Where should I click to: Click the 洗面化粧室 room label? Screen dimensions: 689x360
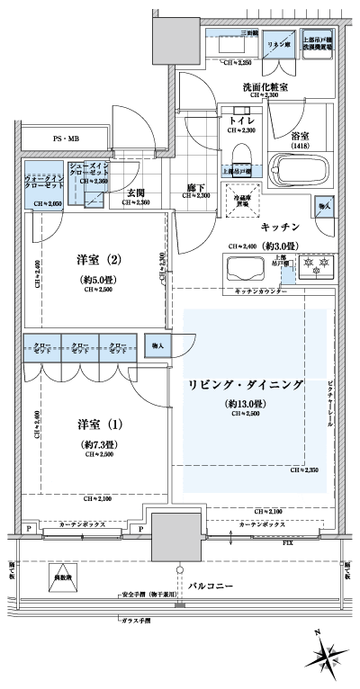point(265,87)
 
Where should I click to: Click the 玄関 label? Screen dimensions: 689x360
point(136,192)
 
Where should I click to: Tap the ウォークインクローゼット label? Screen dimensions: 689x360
point(42,183)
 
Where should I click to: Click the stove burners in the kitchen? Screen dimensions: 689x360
point(315,268)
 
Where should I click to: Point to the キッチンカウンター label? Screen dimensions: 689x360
point(260,292)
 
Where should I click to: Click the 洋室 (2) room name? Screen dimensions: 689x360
point(97,261)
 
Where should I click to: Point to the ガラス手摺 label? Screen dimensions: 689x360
point(136,622)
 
